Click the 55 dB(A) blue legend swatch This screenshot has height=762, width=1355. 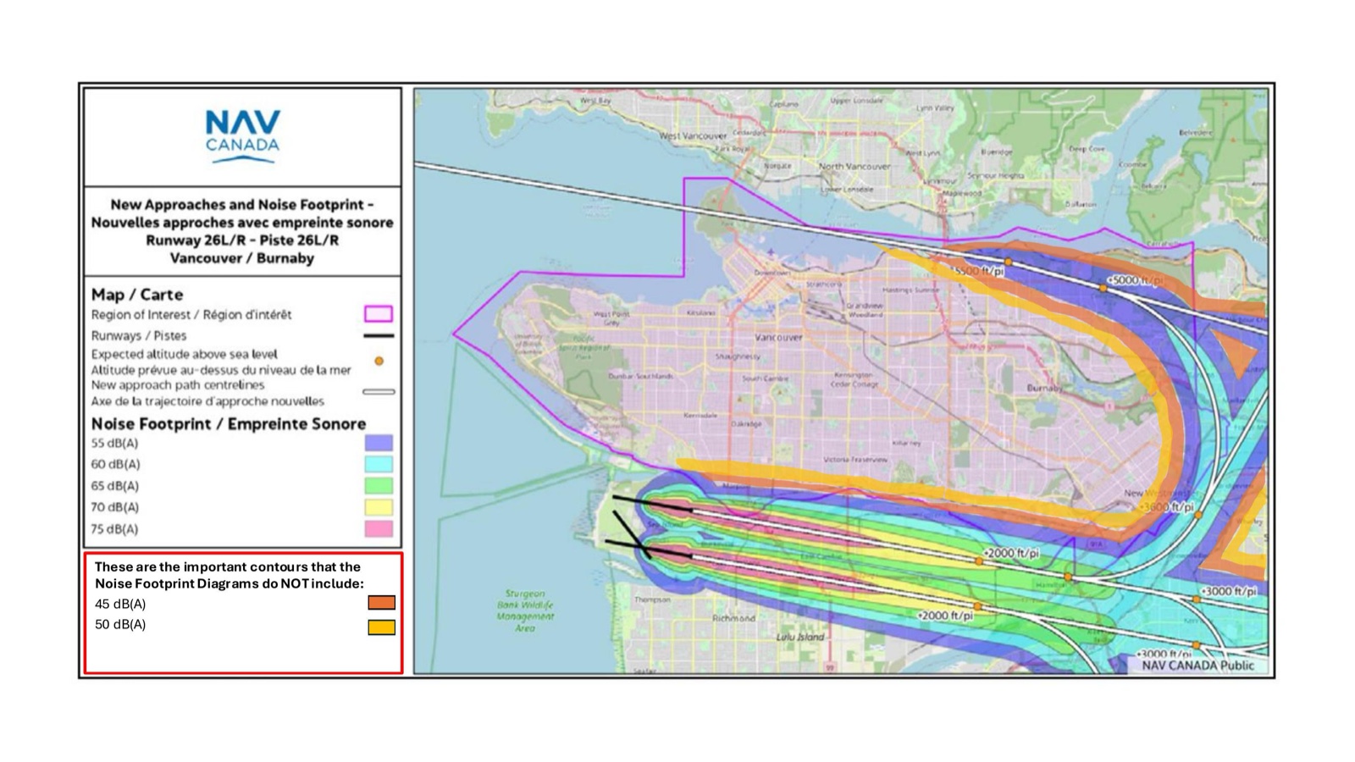(379, 443)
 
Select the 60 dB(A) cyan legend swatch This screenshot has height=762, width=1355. (379, 464)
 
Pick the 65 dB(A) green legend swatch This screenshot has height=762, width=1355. (379, 486)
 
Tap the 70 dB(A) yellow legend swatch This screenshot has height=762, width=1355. (379, 507)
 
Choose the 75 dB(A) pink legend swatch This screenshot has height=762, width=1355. (379, 529)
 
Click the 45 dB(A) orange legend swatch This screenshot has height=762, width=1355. (381, 603)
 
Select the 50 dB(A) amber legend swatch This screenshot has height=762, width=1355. (381, 627)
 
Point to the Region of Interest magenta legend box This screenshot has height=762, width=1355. (379, 314)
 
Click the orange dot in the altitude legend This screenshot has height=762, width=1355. (379, 361)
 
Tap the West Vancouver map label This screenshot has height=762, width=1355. (693, 135)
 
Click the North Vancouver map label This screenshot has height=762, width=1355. (854, 166)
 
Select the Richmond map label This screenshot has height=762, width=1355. (733, 618)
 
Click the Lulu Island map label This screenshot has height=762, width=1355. (799, 637)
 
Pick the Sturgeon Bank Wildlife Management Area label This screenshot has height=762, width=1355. (524, 610)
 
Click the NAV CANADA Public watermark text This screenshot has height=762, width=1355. (1197, 665)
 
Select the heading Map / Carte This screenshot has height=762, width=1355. (137, 295)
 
